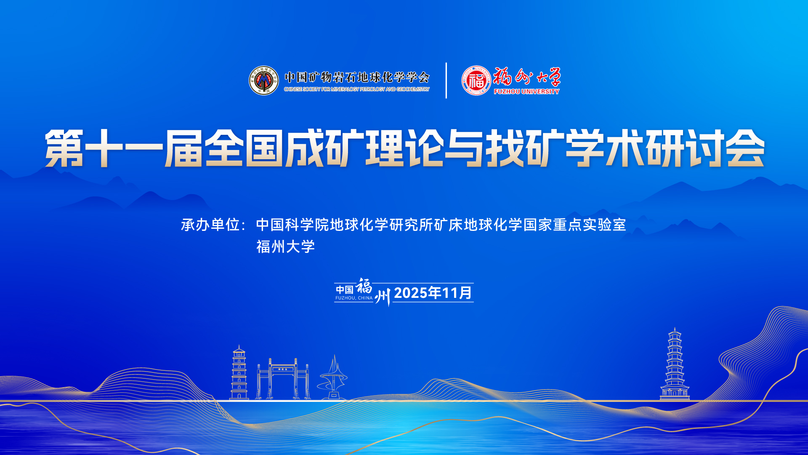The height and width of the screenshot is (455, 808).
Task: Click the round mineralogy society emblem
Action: pyautogui.click(x=264, y=80)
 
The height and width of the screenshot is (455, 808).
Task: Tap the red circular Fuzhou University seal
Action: pyautogui.click(x=476, y=80)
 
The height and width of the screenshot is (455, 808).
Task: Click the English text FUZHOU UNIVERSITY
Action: pyautogui.click(x=526, y=91)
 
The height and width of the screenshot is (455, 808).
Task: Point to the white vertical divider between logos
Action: pyautogui.click(x=446, y=80)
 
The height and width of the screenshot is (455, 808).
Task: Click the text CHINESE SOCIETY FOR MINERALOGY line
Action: pyautogui.click(x=357, y=89)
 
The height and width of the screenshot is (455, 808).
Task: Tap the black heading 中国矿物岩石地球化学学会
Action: pyautogui.click(x=357, y=77)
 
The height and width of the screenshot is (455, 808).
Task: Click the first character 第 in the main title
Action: pyautogui.click(x=64, y=148)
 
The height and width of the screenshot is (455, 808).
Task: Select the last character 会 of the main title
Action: pyautogui.click(x=745, y=148)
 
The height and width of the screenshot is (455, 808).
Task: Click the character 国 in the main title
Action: pyautogui.click(x=264, y=148)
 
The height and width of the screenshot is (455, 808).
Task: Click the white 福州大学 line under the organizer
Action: pyautogui.click(x=286, y=247)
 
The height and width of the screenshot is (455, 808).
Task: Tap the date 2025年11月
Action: pyautogui.click(x=433, y=293)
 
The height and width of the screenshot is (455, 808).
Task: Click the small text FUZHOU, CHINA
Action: pyautogui.click(x=354, y=298)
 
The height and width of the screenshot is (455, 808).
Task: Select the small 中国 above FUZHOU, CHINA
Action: pyautogui.click(x=345, y=290)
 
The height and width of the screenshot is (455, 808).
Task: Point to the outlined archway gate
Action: pyautogui.click(x=283, y=379)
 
